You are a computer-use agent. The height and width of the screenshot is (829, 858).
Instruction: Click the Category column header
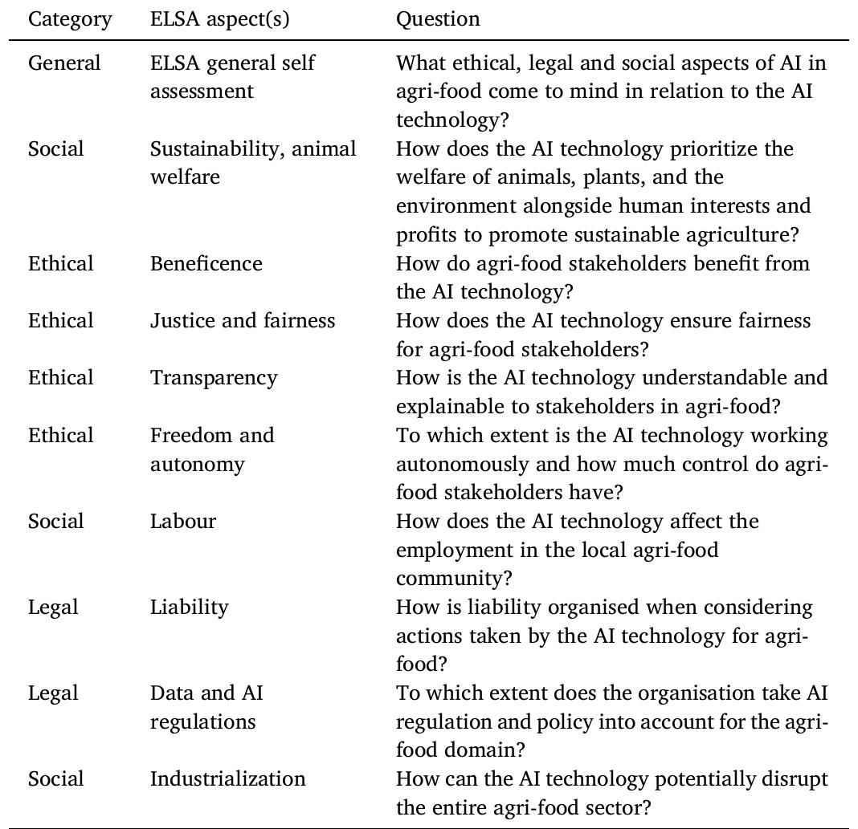click(x=69, y=19)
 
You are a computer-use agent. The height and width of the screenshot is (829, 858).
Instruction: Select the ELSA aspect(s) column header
click(x=219, y=19)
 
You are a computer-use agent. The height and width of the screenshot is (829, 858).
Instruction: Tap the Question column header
click(x=438, y=19)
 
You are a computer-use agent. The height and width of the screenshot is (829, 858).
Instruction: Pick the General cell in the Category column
click(x=64, y=63)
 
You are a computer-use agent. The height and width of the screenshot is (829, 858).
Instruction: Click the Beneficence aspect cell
click(x=206, y=263)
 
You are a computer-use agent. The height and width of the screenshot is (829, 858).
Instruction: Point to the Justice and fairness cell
click(x=242, y=321)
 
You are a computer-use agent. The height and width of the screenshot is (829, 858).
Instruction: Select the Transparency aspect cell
click(x=213, y=378)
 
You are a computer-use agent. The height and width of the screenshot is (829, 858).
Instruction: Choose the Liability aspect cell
click(x=189, y=608)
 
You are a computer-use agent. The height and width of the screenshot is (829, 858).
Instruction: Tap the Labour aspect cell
click(x=182, y=521)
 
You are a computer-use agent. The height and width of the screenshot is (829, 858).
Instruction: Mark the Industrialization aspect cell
click(x=227, y=778)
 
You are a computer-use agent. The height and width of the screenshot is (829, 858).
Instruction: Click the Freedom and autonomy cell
click(x=211, y=449)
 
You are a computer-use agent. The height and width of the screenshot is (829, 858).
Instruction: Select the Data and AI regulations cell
click(x=206, y=707)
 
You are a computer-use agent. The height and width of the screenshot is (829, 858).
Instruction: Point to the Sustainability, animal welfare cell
click(x=253, y=163)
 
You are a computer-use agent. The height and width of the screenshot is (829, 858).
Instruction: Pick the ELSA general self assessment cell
click(x=232, y=77)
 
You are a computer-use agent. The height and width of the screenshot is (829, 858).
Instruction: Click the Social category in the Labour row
click(x=55, y=521)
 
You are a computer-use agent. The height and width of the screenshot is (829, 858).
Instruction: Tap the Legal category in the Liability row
click(x=53, y=608)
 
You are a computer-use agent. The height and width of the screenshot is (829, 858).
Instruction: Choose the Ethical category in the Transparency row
click(x=61, y=378)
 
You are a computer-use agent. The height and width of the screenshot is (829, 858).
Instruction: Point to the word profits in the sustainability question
click(x=428, y=235)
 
